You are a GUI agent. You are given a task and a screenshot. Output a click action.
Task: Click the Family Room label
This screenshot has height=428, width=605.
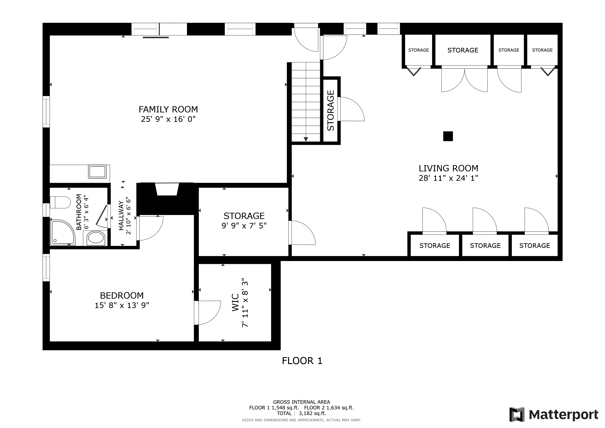168,109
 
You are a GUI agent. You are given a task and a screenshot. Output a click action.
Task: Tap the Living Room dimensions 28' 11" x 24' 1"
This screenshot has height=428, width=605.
449,178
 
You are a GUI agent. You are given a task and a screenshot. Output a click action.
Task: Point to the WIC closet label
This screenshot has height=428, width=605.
235,303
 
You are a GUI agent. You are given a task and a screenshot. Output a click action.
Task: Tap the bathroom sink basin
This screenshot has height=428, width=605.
96,238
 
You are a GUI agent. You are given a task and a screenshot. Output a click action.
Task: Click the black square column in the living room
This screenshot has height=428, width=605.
448,136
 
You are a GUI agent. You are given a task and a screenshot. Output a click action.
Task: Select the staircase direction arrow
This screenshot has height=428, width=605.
306,139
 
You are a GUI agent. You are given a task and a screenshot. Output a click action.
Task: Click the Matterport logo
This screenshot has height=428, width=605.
554,415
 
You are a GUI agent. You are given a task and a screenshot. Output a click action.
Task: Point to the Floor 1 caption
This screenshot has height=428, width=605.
302,360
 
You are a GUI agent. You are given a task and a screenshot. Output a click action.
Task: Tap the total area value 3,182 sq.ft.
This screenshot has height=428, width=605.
312,414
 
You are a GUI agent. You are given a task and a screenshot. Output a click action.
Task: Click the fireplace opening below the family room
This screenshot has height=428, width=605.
167,190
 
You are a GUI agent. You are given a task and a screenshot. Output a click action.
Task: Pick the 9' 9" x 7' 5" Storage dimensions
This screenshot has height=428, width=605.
244,225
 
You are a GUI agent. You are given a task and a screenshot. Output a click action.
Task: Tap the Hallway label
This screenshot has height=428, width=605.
121,216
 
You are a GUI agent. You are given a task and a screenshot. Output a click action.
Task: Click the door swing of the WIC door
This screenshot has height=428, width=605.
207,313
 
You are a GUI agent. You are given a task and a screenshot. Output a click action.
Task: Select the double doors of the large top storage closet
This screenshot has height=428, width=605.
464,80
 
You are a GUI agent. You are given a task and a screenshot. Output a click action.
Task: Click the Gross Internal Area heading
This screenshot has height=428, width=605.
301,402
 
